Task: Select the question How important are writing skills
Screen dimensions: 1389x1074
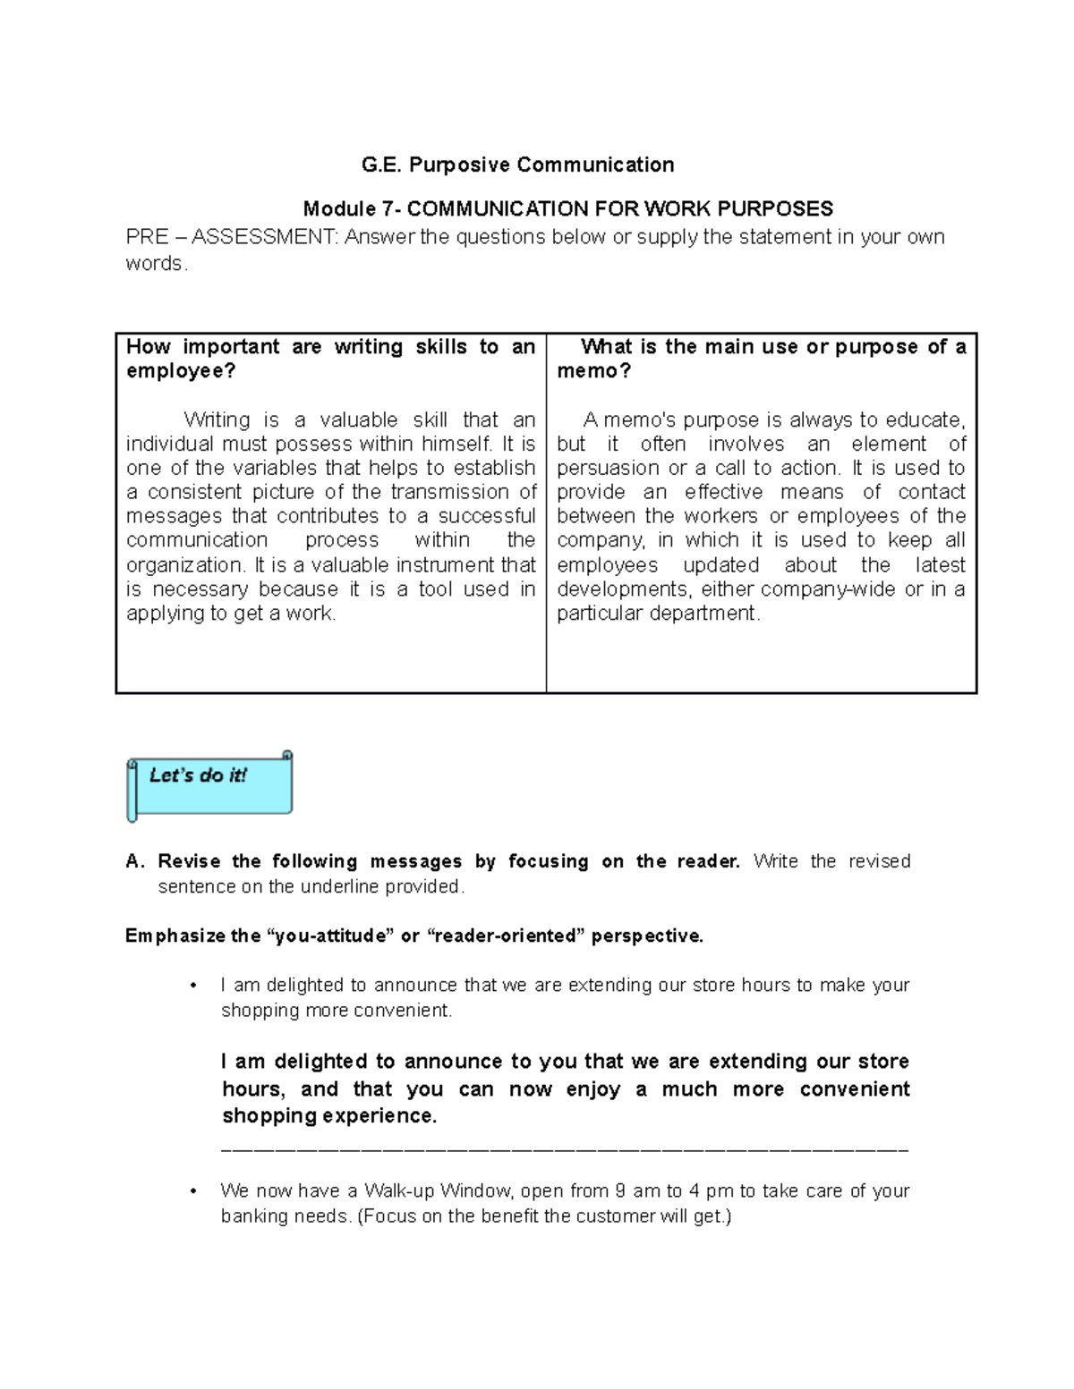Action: tap(330, 347)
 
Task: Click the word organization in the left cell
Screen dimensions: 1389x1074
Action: tap(184, 565)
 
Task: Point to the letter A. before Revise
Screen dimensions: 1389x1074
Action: tap(135, 861)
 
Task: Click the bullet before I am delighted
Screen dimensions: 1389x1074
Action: tap(192, 986)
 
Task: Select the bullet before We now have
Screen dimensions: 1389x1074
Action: tap(192, 1191)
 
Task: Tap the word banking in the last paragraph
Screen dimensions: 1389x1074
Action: tap(254, 1216)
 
